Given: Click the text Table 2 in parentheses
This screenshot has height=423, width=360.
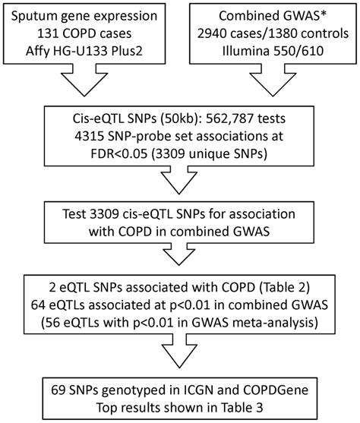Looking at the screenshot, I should click(x=289, y=291).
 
